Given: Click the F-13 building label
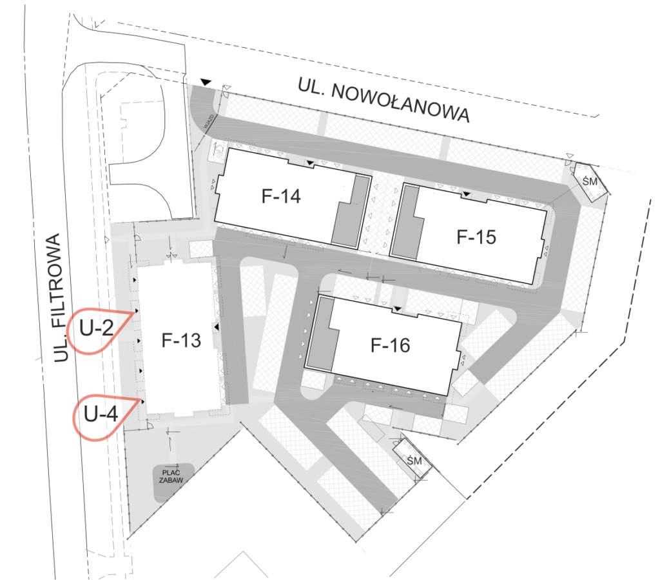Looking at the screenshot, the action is pyautogui.click(x=181, y=341).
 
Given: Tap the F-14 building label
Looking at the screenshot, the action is pyautogui.click(x=281, y=196).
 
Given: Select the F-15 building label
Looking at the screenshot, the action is pyautogui.click(x=476, y=237).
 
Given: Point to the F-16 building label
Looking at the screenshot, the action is pyautogui.click(x=390, y=345).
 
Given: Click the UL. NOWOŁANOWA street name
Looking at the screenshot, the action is pyautogui.click(x=383, y=100).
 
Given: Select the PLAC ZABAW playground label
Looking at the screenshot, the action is pyautogui.click(x=171, y=476).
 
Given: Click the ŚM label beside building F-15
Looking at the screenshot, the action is pyautogui.click(x=590, y=181).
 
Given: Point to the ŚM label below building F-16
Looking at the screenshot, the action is pyautogui.click(x=414, y=461).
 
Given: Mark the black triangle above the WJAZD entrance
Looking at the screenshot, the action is pyautogui.click(x=206, y=82).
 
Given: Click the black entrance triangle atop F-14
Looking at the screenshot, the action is pyautogui.click(x=310, y=163).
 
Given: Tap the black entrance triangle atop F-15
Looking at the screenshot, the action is pyautogui.click(x=467, y=194).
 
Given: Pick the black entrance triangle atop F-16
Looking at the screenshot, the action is pyautogui.click(x=397, y=310).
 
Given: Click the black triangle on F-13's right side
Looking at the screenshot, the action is pyautogui.click(x=217, y=327).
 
